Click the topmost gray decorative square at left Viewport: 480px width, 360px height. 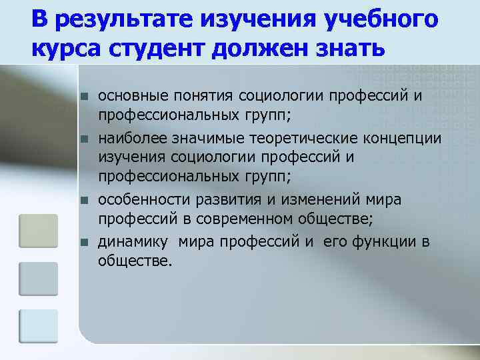pyautogui.click(x=38, y=231)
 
